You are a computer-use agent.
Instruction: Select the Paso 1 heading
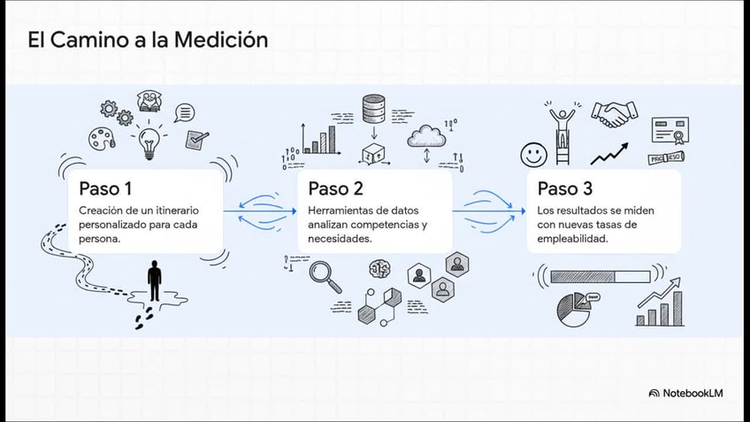pyautogui.click(x=105, y=188)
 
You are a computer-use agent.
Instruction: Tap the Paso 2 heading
pyautogui.click(x=335, y=188)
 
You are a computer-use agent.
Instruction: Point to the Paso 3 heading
pyautogui.click(x=565, y=188)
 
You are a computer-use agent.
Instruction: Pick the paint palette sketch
pyautogui.click(x=101, y=138)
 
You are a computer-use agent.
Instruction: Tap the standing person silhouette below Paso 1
pyautogui.click(x=155, y=281)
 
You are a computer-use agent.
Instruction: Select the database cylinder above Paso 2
pyautogui.click(x=371, y=109)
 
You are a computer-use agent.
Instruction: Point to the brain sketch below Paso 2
pyautogui.click(x=381, y=269)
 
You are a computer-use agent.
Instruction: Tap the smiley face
pyautogui.click(x=533, y=155)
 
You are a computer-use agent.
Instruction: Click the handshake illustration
pyautogui.click(x=615, y=113)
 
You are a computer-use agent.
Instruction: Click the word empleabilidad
pyautogui.click(x=571, y=238)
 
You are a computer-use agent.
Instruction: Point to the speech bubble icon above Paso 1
pyautogui.click(x=184, y=112)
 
